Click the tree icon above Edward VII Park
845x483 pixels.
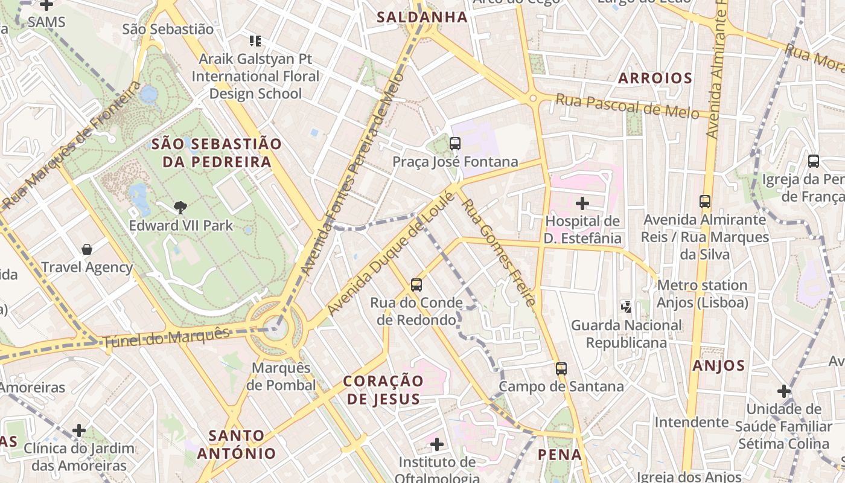click(x=180, y=208)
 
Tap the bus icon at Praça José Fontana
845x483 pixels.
click(x=455, y=144)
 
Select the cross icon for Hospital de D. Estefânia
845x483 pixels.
click(x=582, y=203)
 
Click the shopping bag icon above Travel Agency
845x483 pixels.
click(x=87, y=249)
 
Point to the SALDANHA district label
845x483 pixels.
click(x=422, y=17)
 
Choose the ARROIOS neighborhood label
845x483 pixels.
click(x=655, y=78)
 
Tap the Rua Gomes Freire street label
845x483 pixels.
click(x=499, y=252)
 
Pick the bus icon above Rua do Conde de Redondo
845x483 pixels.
click(x=416, y=284)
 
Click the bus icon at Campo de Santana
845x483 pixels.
click(x=561, y=368)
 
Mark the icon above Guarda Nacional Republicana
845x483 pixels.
click(x=627, y=307)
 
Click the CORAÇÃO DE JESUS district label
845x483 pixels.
click(x=383, y=390)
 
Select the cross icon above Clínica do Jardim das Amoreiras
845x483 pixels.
click(x=79, y=430)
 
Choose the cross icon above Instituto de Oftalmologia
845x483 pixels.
click(x=437, y=444)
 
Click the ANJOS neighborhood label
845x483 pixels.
click(x=718, y=365)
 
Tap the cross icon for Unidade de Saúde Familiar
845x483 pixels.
click(x=783, y=391)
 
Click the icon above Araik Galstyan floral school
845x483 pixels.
click(x=255, y=41)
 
